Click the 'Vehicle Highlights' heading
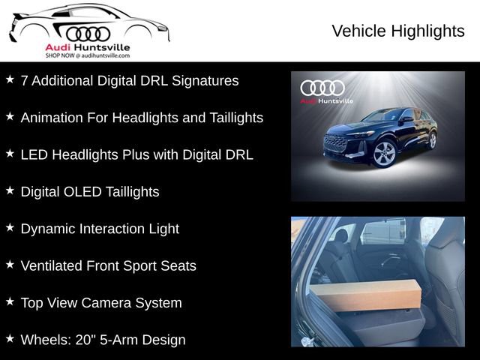pos(397,31)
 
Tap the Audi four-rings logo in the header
pos(88,34)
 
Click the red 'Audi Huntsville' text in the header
pos(88,47)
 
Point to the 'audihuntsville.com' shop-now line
pos(88,55)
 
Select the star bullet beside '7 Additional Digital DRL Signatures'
pos(10,79)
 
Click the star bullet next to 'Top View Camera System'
pos(10,301)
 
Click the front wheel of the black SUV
pos(384,153)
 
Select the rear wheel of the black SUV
pos(432,140)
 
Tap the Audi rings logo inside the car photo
pos(322,88)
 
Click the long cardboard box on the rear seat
pos(364,295)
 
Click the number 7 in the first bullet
pos(25,80)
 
